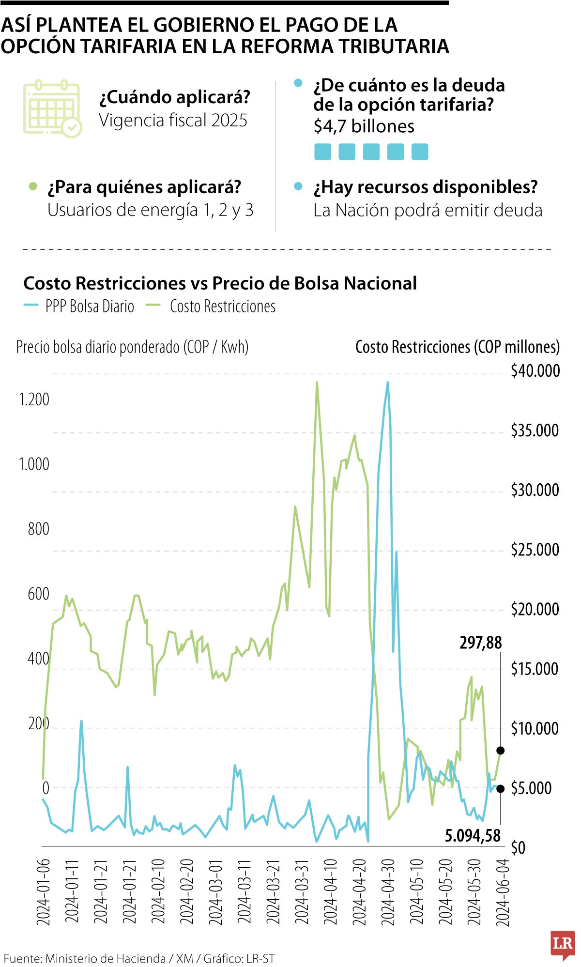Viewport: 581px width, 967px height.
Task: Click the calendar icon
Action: pyautogui.click(x=52, y=109)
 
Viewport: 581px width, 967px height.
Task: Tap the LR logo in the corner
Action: pyautogui.click(x=563, y=944)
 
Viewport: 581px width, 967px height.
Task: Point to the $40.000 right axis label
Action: pyautogui.click(x=535, y=371)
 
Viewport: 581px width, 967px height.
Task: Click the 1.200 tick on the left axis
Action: pyautogui.click(x=34, y=399)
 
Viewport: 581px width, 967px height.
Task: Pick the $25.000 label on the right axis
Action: pyautogui.click(x=535, y=550)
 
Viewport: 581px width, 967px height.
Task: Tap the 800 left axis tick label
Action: pyautogui.click(x=38, y=529)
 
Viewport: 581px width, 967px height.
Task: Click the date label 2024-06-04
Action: pyautogui.click(x=504, y=892)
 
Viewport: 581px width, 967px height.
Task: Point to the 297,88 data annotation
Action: pyautogui.click(x=481, y=643)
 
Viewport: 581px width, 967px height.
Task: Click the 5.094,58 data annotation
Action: pyautogui.click(x=473, y=835)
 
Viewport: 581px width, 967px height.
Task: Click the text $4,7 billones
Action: pyautogui.click(x=364, y=126)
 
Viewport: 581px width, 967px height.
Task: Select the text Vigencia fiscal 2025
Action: pyautogui.click(x=173, y=120)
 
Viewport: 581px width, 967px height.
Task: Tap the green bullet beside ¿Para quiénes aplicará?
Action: pyautogui.click(x=33, y=186)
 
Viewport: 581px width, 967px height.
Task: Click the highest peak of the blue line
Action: pyautogui.click(x=387, y=383)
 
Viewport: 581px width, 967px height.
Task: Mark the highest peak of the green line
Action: pyautogui.click(x=317, y=383)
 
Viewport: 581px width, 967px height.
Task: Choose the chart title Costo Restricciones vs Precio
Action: pyautogui.click(x=220, y=283)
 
